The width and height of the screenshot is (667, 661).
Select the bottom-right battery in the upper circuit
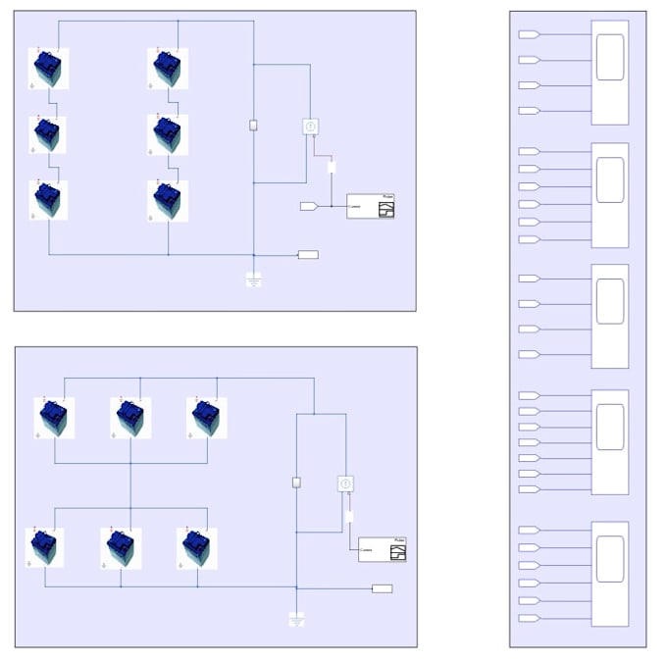coord(168,199)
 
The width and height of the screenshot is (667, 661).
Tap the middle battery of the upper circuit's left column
coord(48,134)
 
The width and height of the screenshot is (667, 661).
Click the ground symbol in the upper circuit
coord(254,280)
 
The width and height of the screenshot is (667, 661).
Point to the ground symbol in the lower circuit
coord(296,620)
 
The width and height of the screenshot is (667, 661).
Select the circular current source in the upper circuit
coord(310,127)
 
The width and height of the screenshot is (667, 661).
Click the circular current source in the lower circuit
coord(345,483)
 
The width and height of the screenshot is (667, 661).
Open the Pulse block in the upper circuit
coord(371,206)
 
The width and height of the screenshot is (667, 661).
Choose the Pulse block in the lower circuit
coord(383,549)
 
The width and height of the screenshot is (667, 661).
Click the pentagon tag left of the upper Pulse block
coord(308,206)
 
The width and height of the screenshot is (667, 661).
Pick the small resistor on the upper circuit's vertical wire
coord(254,126)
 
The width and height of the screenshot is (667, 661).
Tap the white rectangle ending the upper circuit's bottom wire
coord(308,255)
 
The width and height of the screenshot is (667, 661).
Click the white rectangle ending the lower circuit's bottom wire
coord(383,588)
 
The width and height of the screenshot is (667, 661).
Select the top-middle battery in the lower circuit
coord(130,418)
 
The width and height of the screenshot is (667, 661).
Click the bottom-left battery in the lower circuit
coord(45,547)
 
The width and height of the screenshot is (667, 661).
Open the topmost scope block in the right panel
coord(609,73)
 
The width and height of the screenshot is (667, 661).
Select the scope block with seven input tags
coord(609,441)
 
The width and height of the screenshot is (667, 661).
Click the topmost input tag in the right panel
coord(529,34)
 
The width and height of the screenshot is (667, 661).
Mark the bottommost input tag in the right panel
coord(529,618)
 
